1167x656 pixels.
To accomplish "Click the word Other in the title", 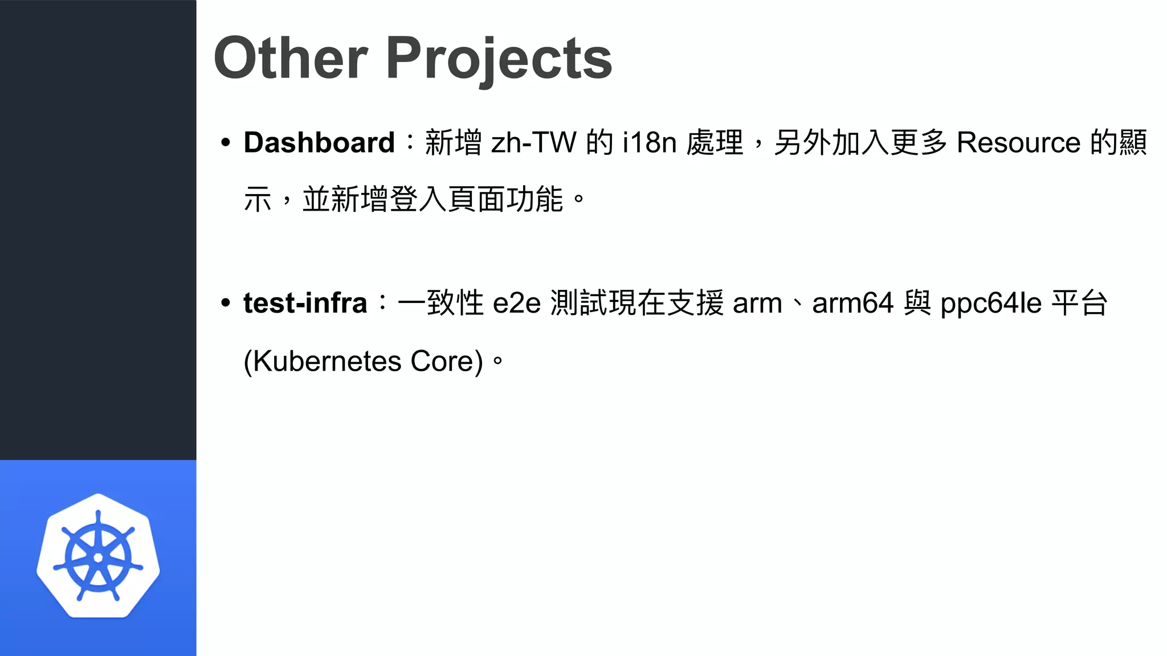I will coord(291,58).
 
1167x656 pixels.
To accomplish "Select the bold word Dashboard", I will coord(319,142).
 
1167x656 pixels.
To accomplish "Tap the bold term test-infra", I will coord(305,303).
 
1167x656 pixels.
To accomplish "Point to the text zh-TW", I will coord(533,142).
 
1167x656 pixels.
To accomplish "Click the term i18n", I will coord(649,142).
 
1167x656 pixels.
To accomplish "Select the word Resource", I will coord(1018,142).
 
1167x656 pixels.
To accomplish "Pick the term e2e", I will coord(516,303).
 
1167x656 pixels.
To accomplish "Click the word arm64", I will coord(852,303).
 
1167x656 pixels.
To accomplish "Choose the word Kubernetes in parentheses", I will coord(327,361).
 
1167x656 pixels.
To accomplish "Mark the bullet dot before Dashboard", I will coord(226,142).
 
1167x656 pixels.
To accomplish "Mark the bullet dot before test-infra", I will coord(226,303).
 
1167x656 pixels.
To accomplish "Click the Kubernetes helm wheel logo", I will coord(98,555).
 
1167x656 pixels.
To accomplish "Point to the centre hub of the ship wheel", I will coord(98,557).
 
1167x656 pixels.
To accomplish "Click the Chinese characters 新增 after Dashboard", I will coord(454,142).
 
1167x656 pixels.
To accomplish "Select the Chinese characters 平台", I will coord(1079,303).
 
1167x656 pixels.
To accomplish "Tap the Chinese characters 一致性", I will coord(440,303).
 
